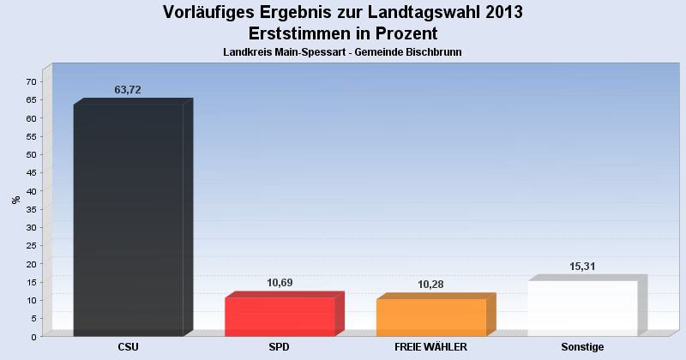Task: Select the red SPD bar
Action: (x=280, y=316)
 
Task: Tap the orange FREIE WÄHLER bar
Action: (x=431, y=317)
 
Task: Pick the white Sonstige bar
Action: (x=582, y=308)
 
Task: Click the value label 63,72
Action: (x=127, y=90)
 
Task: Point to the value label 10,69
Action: (x=279, y=283)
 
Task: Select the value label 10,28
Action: (x=430, y=284)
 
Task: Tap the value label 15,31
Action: (x=582, y=266)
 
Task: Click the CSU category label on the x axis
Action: (x=129, y=347)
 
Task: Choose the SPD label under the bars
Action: (x=280, y=347)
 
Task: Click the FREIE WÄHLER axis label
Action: (x=430, y=347)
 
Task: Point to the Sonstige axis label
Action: (x=582, y=347)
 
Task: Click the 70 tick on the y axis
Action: (x=31, y=81)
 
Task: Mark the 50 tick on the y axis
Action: (x=31, y=154)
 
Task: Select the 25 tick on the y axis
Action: (x=31, y=245)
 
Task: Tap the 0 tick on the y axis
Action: (x=33, y=336)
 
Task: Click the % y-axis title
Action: (x=15, y=200)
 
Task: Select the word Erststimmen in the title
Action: (x=299, y=33)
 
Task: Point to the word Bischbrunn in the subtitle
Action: (x=434, y=52)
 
